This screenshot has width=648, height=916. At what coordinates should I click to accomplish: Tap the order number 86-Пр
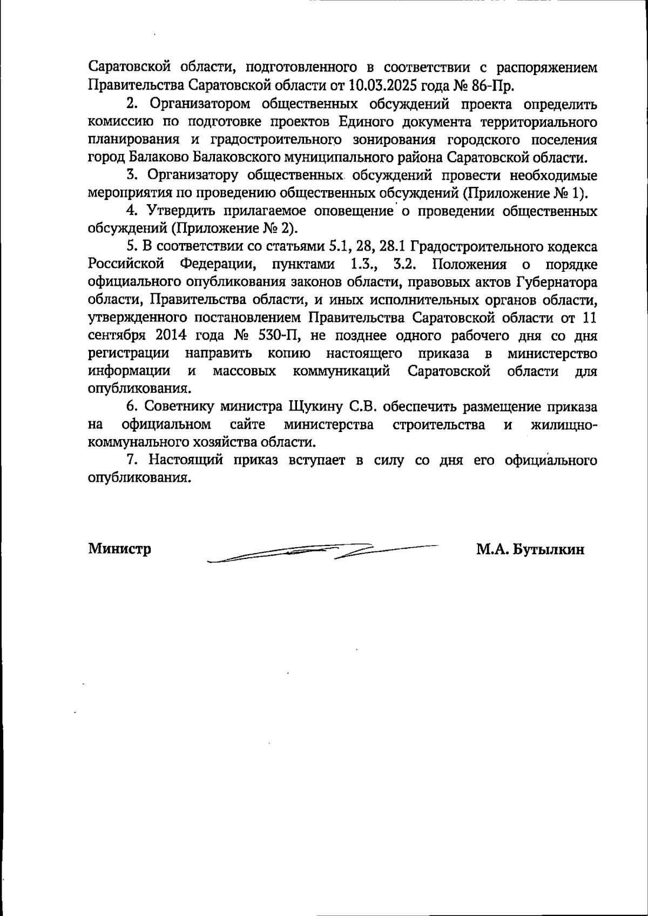point(492,85)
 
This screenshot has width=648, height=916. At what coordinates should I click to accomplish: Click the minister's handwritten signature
point(324,551)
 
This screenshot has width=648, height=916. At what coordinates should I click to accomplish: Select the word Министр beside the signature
point(119,549)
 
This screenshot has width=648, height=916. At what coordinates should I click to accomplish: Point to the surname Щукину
point(316,407)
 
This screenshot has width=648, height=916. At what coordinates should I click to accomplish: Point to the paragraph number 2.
point(130,104)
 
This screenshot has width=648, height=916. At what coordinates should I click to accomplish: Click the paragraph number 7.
point(130,460)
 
